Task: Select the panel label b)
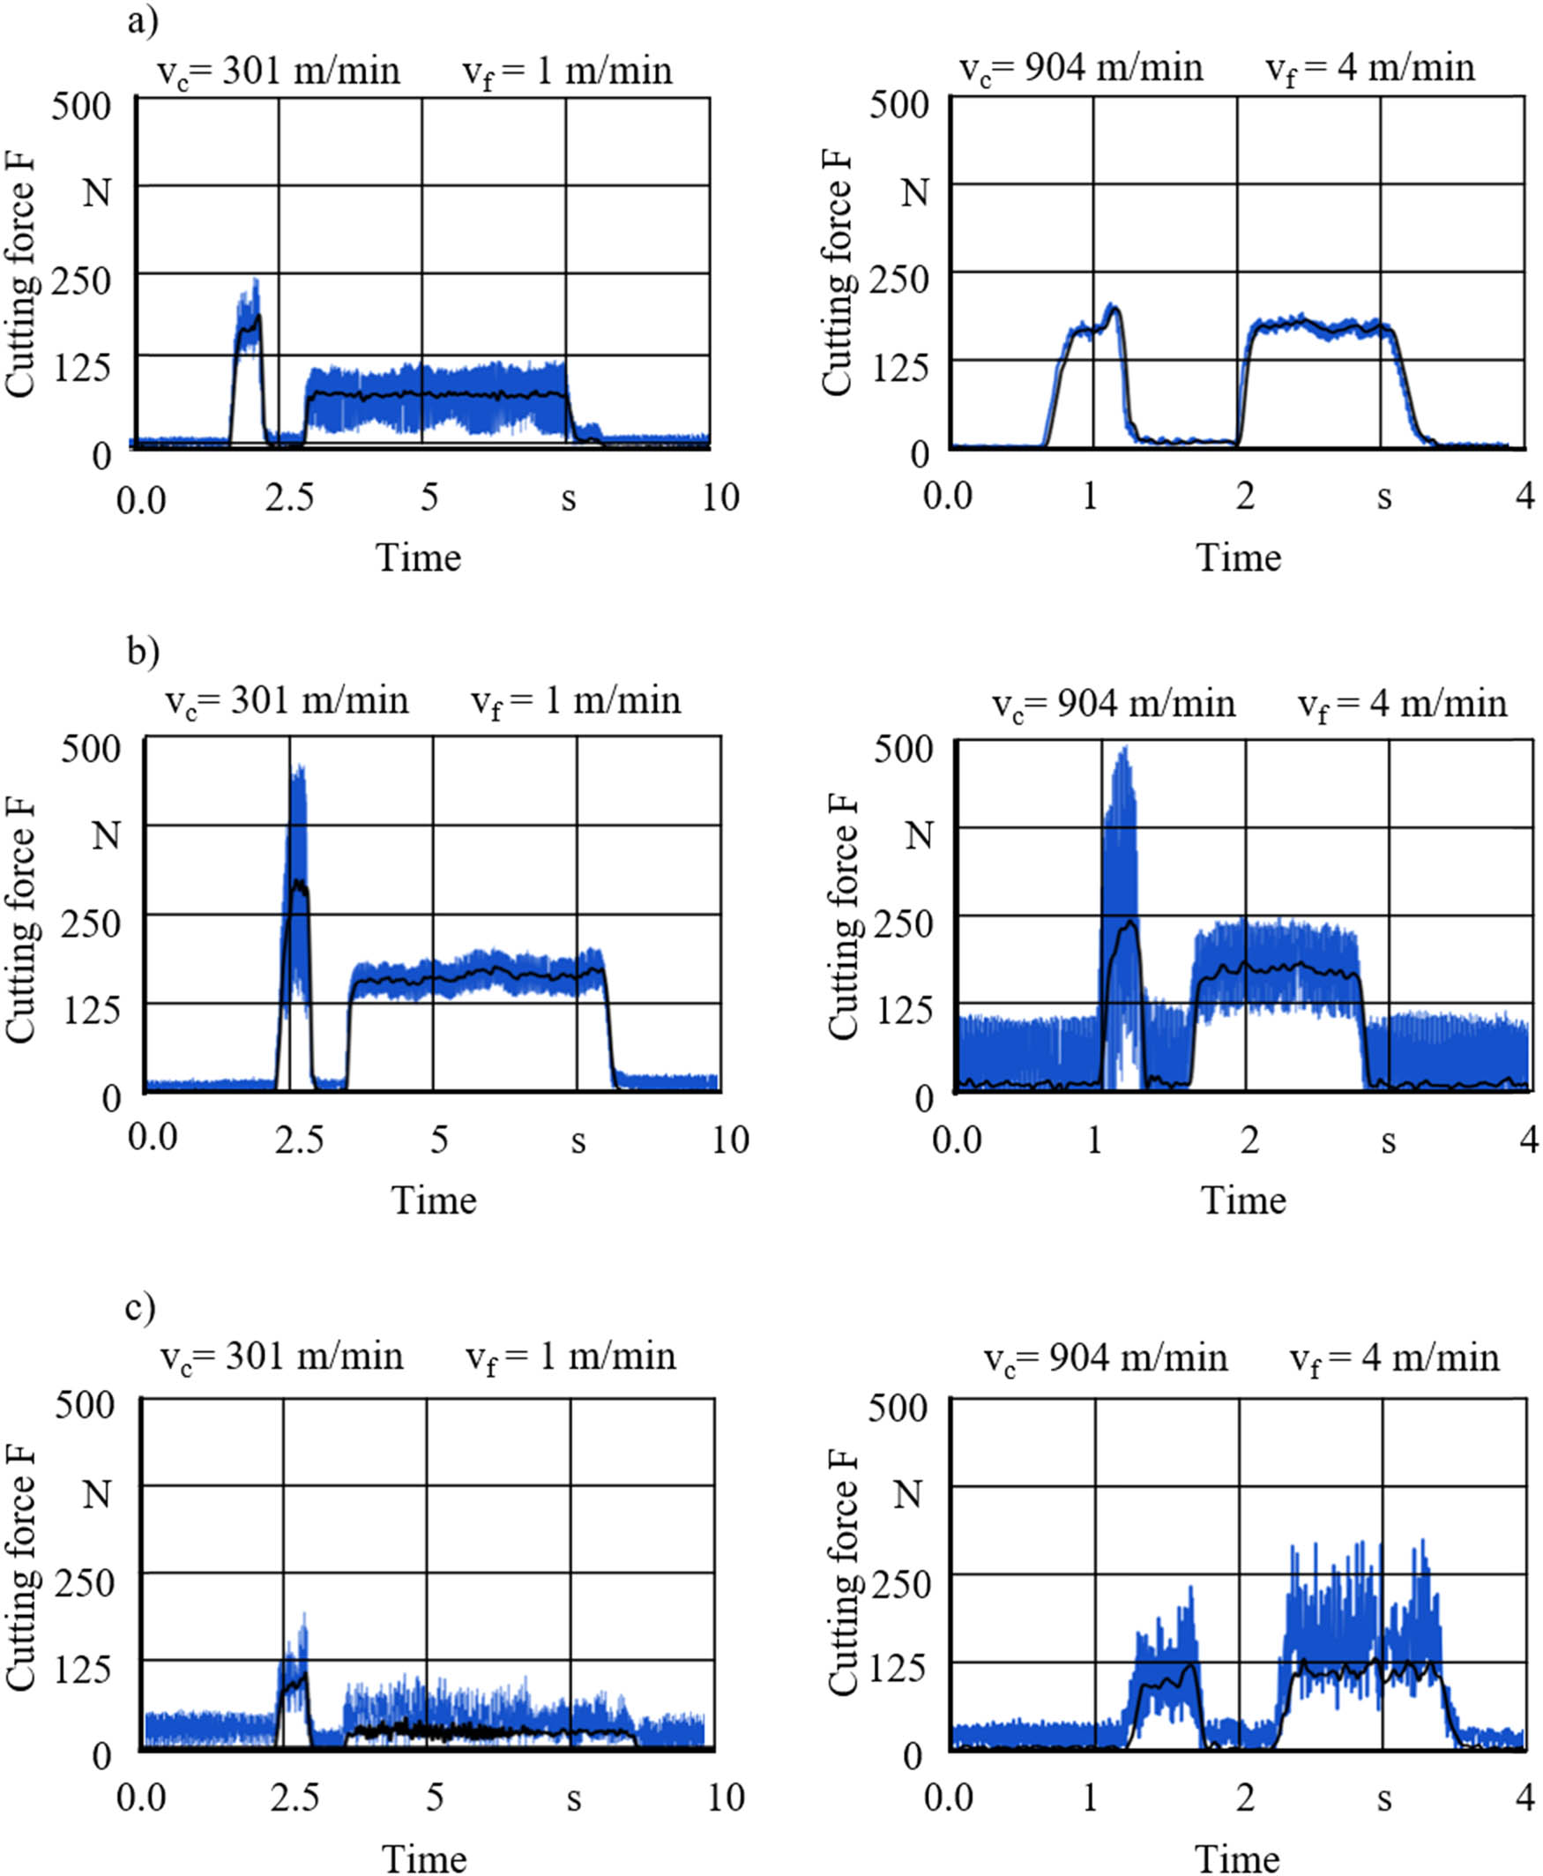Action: (143, 651)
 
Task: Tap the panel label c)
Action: (140, 1307)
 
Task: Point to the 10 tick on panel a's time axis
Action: (720, 498)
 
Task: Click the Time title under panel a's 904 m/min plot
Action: (1238, 558)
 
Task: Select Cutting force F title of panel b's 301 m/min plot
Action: (19, 920)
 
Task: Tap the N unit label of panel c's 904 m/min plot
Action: (907, 1494)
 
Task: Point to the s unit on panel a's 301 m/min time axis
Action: (568, 500)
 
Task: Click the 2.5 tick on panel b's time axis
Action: (299, 1140)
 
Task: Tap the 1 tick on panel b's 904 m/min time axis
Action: (1094, 1140)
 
